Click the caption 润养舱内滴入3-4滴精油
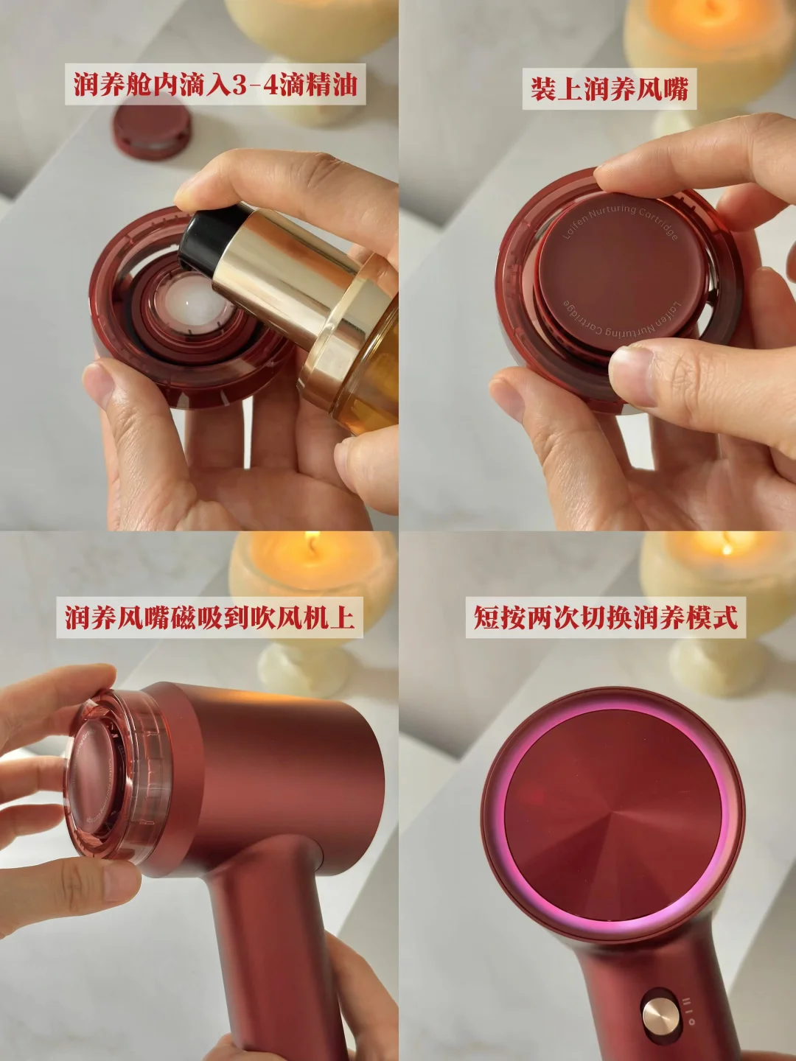[215, 85]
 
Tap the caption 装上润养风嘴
[609, 88]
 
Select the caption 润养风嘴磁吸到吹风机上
[210, 617]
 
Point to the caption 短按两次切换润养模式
[606, 617]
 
